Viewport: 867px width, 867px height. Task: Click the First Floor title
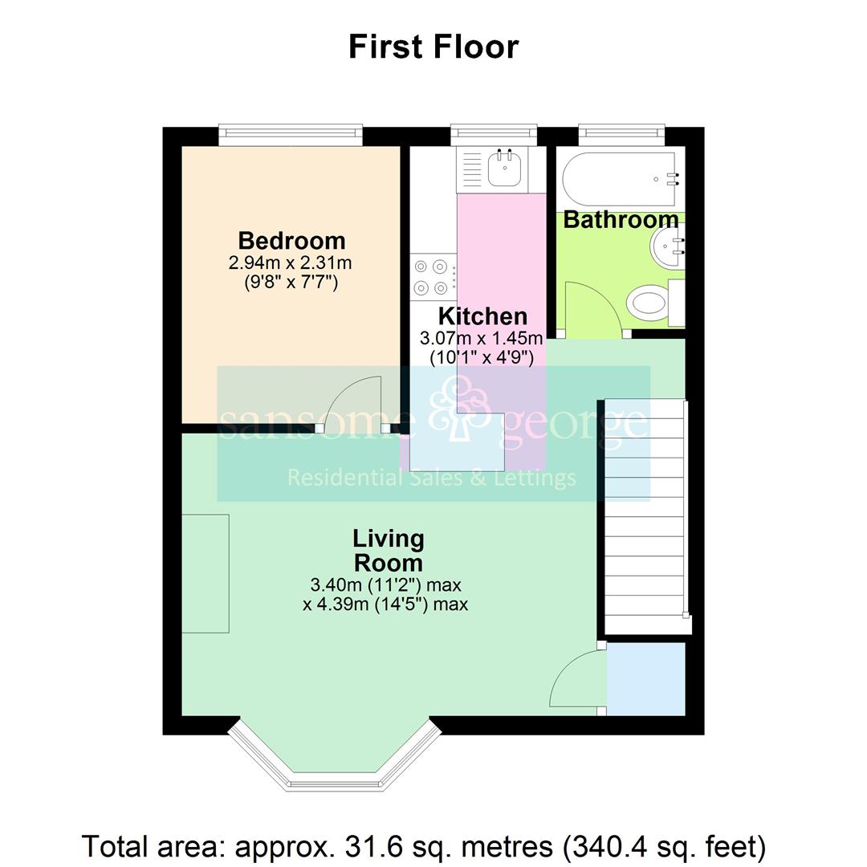coord(433,47)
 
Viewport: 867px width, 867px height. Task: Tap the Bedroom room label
coord(292,241)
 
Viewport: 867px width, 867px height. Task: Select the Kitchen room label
coord(482,316)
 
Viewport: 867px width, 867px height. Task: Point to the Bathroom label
coord(621,220)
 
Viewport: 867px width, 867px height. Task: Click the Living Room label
coord(389,551)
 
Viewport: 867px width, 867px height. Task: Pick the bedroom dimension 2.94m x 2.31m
coord(291,263)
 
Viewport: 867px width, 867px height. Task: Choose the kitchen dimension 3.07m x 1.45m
coord(482,337)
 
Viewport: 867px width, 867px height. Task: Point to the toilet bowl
coord(647,303)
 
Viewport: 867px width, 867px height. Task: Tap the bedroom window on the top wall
coord(291,136)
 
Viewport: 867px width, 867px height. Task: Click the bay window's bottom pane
coord(335,783)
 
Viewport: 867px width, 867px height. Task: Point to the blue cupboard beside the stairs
coord(645,679)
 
